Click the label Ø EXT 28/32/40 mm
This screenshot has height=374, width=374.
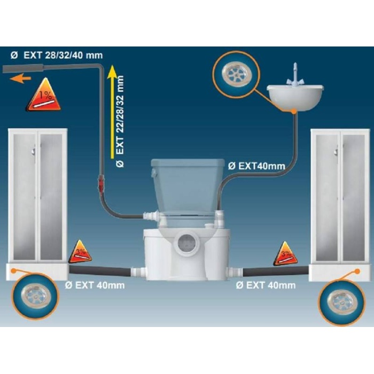[57, 56]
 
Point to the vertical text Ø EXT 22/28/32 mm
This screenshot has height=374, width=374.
[120, 122]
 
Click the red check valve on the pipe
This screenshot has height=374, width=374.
[101, 184]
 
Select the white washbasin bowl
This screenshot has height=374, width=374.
[295, 98]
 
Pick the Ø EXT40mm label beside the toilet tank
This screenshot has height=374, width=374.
[256, 166]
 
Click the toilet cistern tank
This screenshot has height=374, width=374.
[188, 186]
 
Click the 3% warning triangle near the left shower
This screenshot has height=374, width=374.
[80, 252]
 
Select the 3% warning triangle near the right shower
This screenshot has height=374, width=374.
[286, 254]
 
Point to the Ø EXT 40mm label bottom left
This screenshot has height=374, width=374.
[95, 285]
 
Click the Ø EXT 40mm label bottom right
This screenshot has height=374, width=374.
[266, 285]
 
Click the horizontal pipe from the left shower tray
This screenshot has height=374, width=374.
[100, 271]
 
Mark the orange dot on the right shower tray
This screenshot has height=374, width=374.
[357, 271]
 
